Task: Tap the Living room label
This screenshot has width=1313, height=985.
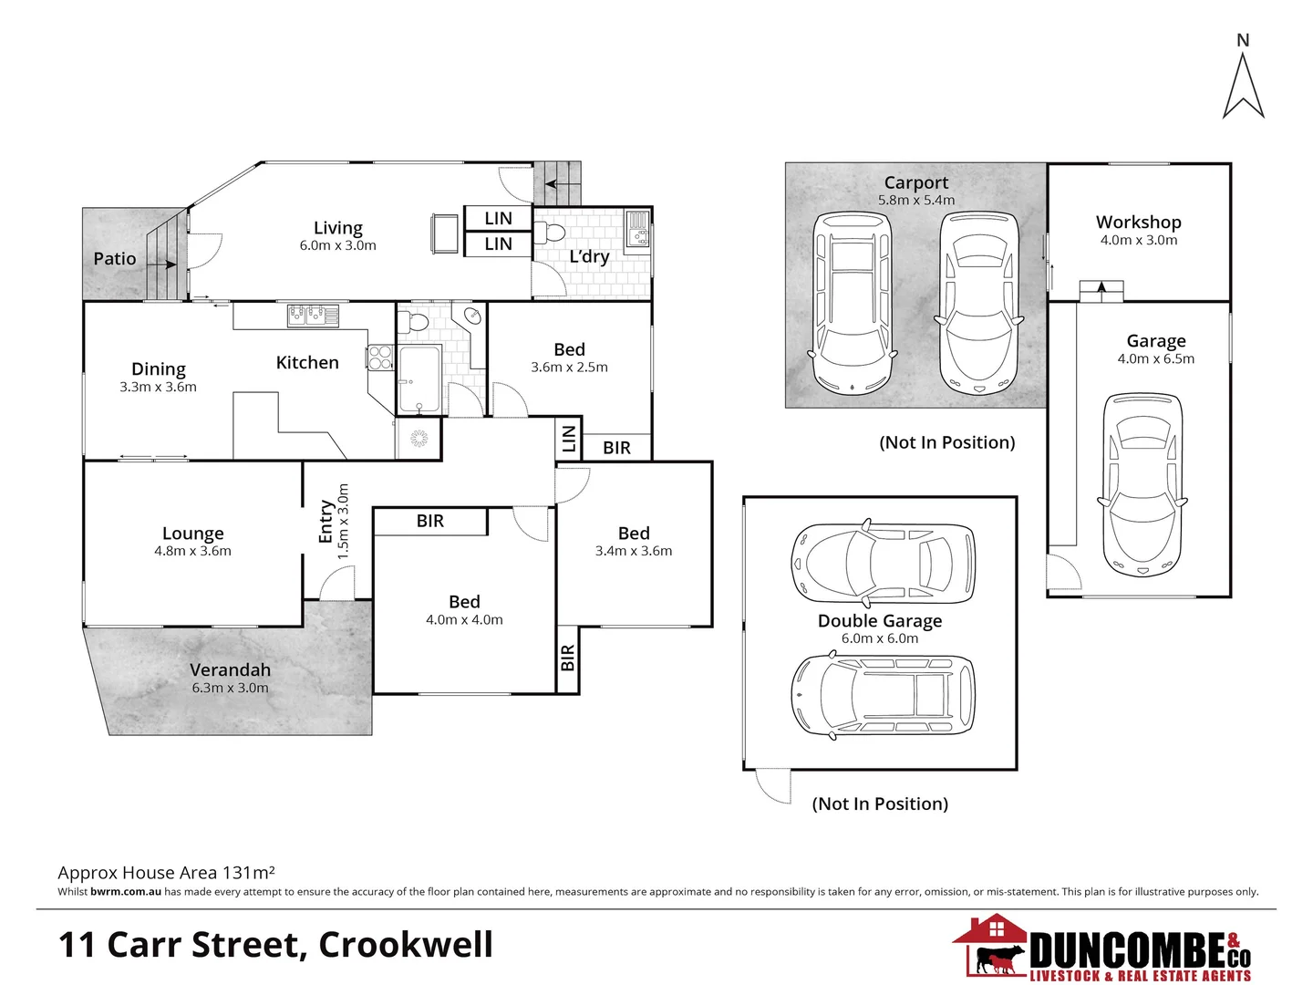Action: point(337,228)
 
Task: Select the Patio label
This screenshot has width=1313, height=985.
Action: point(115,259)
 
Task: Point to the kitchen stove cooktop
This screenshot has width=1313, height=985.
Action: point(380,358)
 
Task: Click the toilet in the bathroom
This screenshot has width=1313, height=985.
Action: point(418,321)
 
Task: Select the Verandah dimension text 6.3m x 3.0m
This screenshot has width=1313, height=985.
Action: point(230,689)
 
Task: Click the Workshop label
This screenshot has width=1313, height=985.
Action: point(1138,222)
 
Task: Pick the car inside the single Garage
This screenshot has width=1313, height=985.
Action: point(1142,485)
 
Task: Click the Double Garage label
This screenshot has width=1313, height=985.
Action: point(880,621)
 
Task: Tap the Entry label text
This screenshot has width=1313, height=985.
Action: point(326,522)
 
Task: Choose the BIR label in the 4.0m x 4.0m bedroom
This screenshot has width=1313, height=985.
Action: point(430,521)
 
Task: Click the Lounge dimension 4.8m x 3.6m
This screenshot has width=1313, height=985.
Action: point(192,551)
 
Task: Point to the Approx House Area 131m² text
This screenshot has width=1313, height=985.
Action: point(166,873)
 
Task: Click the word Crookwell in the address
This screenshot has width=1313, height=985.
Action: point(406,945)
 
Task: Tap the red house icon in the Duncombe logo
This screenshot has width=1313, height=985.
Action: point(990,932)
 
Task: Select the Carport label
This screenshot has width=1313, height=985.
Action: point(915,182)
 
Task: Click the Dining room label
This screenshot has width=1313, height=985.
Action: point(159,369)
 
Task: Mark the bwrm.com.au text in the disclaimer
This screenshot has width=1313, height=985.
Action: point(126,892)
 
